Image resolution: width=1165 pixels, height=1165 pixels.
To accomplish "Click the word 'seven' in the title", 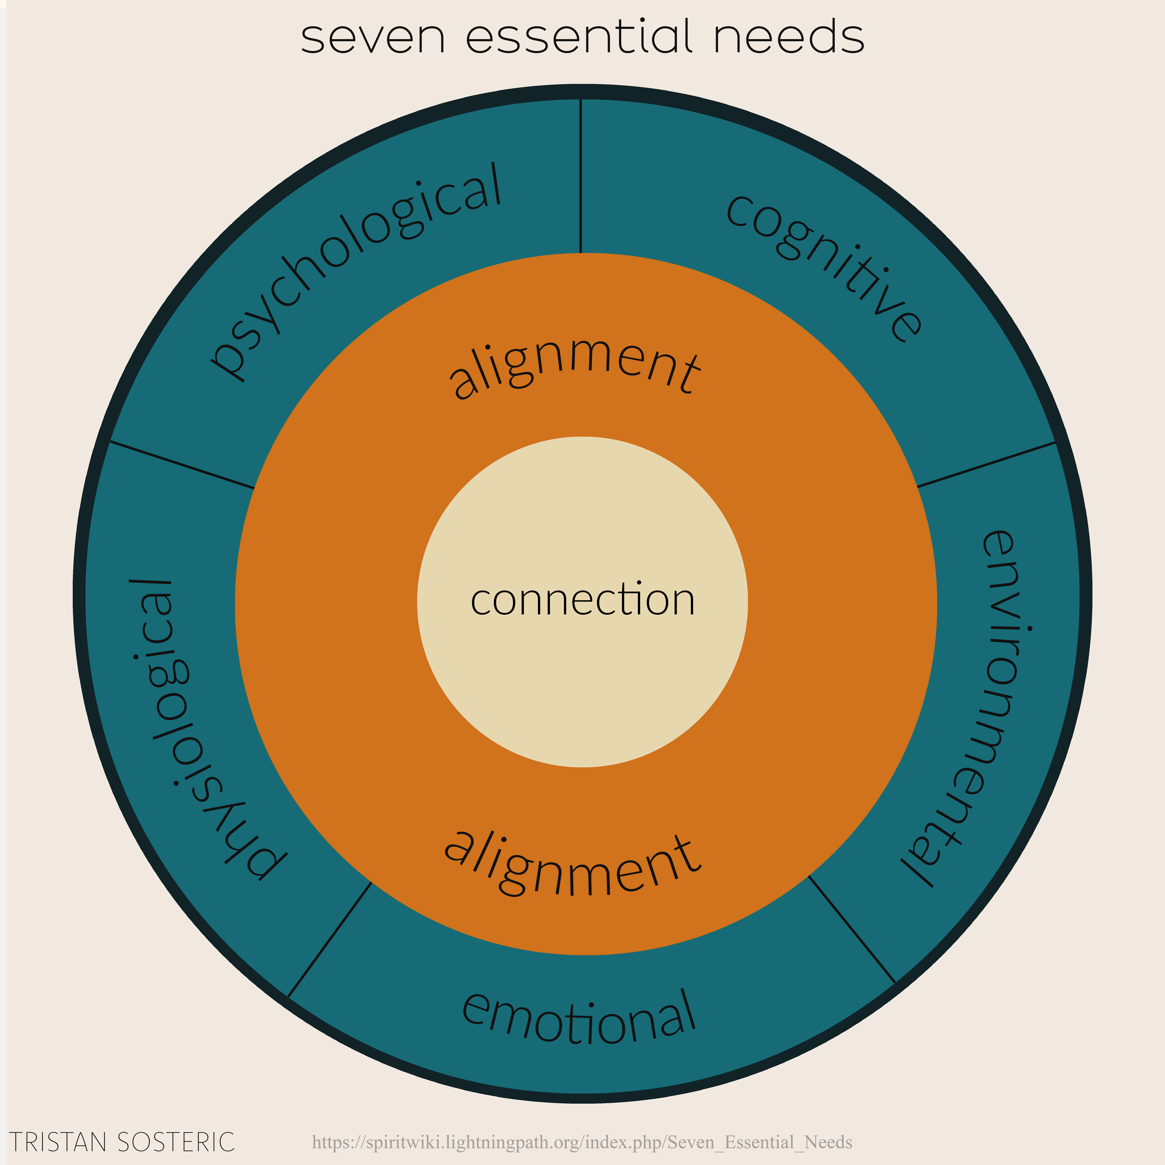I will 373,37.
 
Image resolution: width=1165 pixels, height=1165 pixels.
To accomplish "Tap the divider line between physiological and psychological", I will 182,465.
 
